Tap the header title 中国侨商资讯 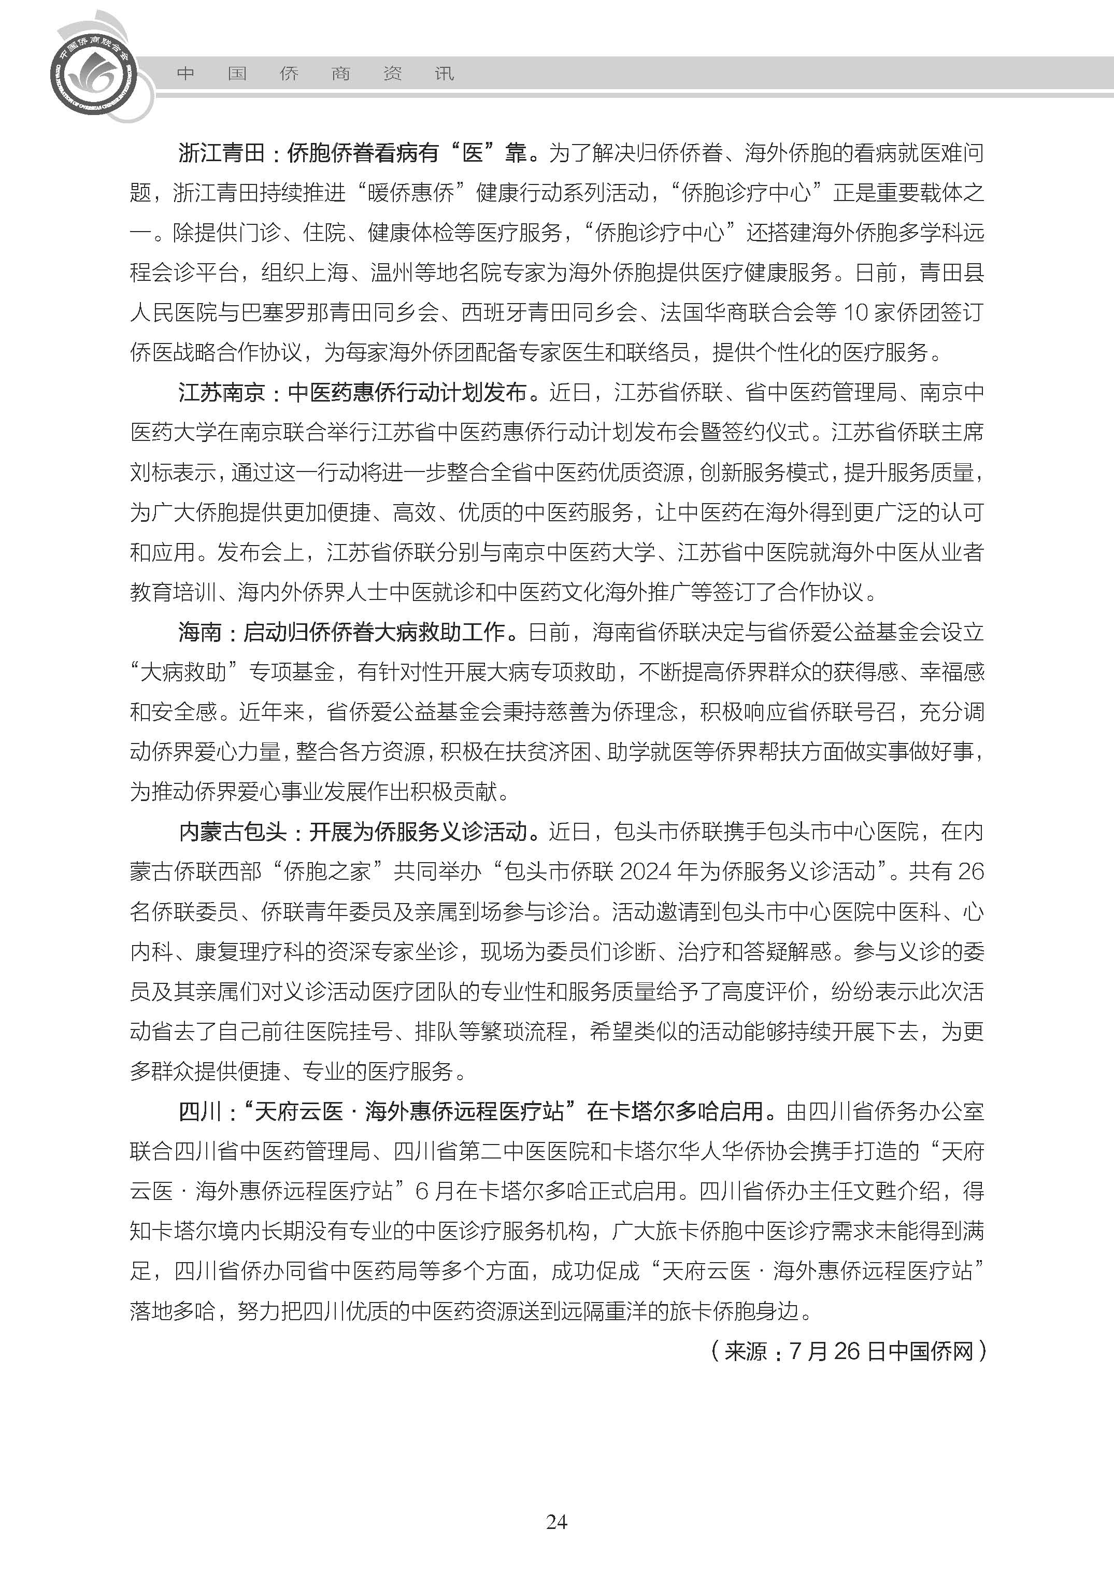(x=316, y=74)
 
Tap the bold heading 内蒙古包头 (x=233, y=832)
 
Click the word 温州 (x=392, y=273)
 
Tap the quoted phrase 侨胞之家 (x=327, y=871)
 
